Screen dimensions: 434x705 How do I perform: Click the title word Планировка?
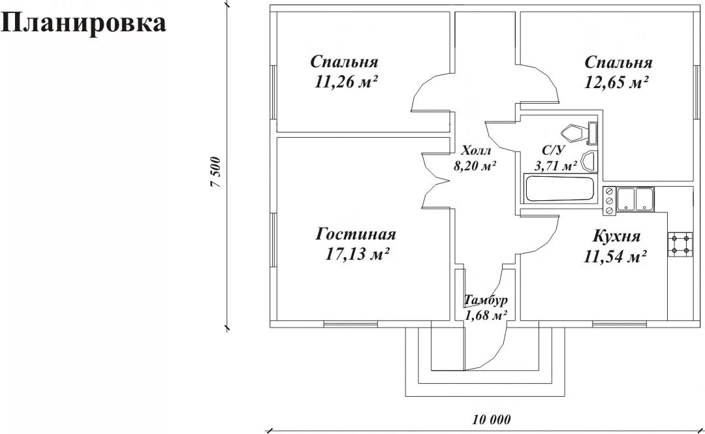tap(84, 23)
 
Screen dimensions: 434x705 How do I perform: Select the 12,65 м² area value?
tap(617, 83)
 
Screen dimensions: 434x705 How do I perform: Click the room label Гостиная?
tap(356, 234)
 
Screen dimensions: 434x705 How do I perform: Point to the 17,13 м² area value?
tap(358, 254)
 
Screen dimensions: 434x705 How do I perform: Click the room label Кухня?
tap(616, 236)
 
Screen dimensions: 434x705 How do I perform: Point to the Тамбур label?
tap(486, 301)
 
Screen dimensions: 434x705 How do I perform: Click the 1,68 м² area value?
tap(486, 316)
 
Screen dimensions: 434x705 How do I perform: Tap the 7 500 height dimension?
tap(217, 173)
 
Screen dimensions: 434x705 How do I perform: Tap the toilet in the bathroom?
tap(580, 134)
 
